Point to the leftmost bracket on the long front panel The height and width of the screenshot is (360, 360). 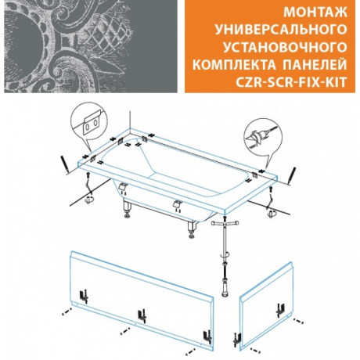tap(84, 296)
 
